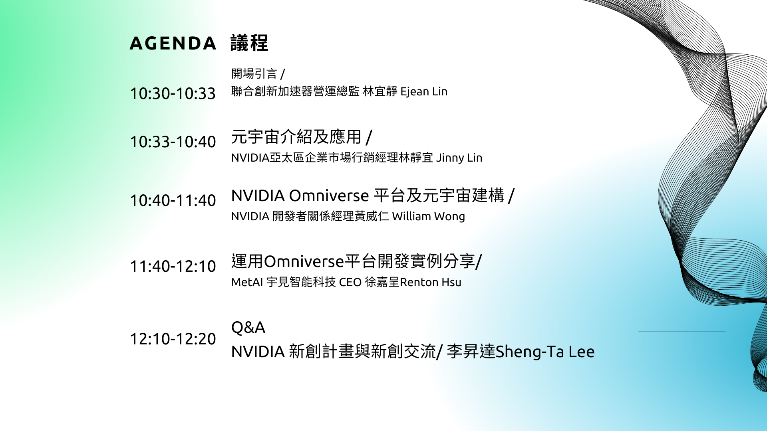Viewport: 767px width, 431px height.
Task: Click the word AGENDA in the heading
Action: click(x=173, y=43)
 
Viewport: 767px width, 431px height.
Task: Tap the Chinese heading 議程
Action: click(x=249, y=43)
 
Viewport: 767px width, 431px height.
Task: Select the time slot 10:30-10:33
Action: click(x=173, y=93)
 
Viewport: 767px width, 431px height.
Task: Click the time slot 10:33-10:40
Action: click(x=173, y=142)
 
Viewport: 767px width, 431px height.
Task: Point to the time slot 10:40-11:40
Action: click(x=173, y=200)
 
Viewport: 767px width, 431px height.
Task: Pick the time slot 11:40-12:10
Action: click(x=173, y=266)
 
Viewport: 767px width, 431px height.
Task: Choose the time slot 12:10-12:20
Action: click(x=173, y=339)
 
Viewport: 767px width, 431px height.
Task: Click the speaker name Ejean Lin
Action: click(x=424, y=92)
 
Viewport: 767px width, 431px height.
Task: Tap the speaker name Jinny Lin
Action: click(x=459, y=158)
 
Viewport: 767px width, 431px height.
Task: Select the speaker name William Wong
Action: click(x=428, y=216)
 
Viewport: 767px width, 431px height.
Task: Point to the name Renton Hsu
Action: click(x=430, y=283)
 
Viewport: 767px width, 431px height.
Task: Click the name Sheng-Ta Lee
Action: click(x=545, y=352)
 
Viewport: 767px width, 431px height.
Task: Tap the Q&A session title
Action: click(x=248, y=328)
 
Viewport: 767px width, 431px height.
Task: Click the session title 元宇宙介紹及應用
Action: click(x=296, y=137)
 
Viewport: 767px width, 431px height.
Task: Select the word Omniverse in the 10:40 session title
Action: click(x=329, y=196)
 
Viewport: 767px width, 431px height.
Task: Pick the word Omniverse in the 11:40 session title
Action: click(x=304, y=262)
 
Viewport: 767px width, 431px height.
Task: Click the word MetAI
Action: click(x=247, y=283)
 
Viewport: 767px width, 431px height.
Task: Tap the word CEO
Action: click(x=350, y=283)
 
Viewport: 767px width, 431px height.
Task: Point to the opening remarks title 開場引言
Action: click(x=254, y=74)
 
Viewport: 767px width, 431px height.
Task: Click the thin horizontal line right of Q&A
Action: click(x=682, y=332)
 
